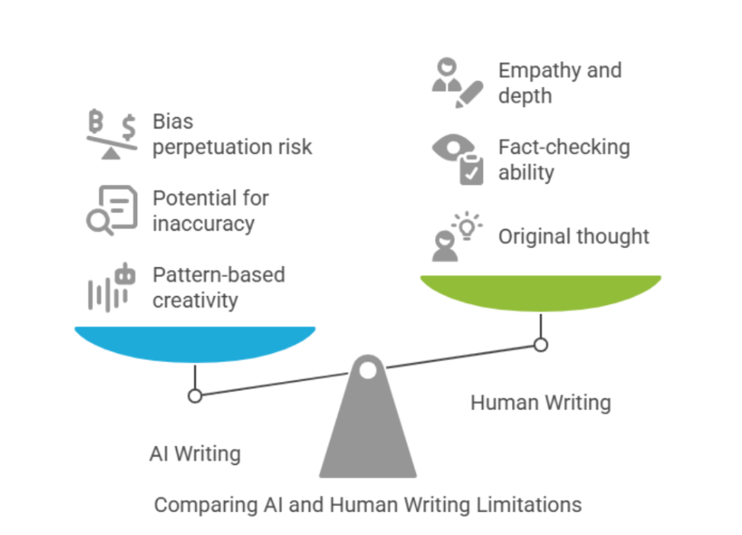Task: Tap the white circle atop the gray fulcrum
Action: point(368,371)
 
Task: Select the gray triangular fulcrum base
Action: point(368,434)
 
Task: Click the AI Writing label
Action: point(195,454)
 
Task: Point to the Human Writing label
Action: point(540,402)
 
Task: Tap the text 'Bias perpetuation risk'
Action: point(232,134)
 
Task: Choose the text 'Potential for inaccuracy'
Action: point(211,211)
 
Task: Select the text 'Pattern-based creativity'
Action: point(219,287)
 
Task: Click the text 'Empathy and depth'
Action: point(559,83)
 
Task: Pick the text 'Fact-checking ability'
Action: point(564,159)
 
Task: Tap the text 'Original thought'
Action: point(574,237)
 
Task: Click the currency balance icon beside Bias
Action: point(111,135)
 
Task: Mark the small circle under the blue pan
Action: point(195,396)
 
